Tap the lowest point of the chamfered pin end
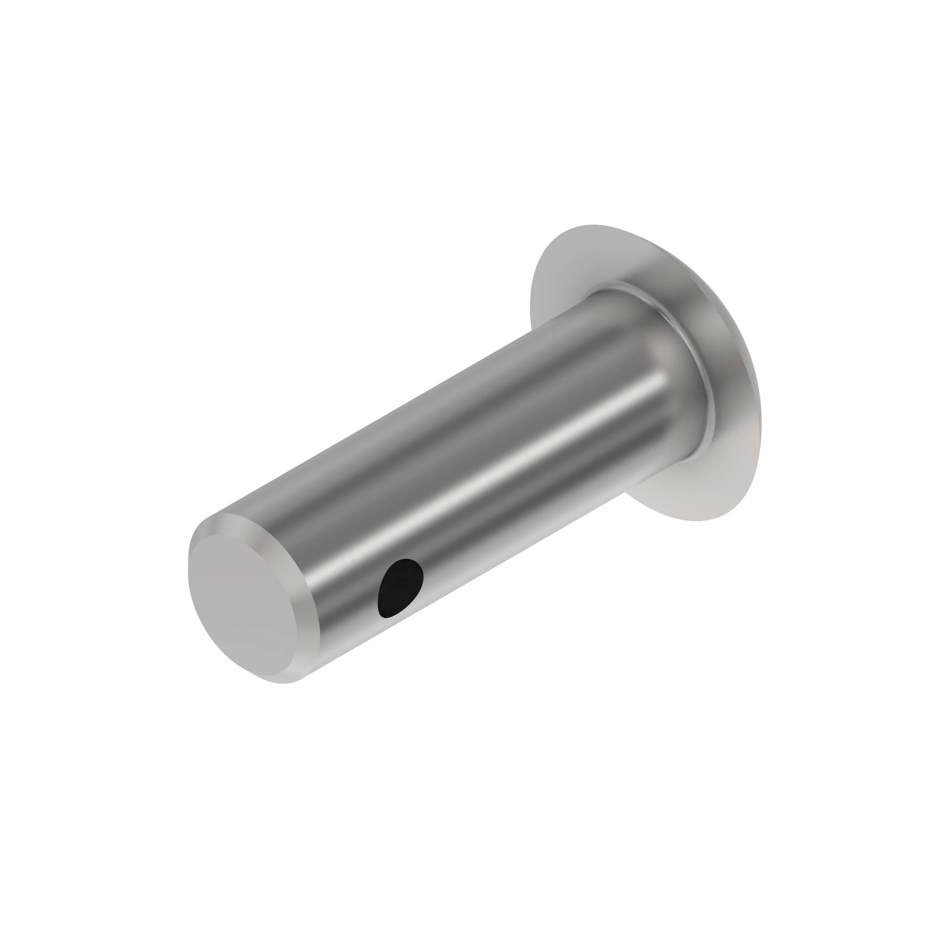tap(289, 682)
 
